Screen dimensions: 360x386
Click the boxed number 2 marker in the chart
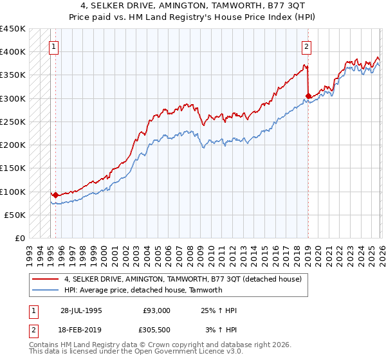click(x=307, y=46)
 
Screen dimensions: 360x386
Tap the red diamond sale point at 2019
click(x=308, y=96)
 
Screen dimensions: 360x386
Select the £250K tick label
click(x=13, y=122)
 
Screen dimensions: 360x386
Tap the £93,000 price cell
click(x=156, y=310)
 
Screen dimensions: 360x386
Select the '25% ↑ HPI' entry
click(x=219, y=310)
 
